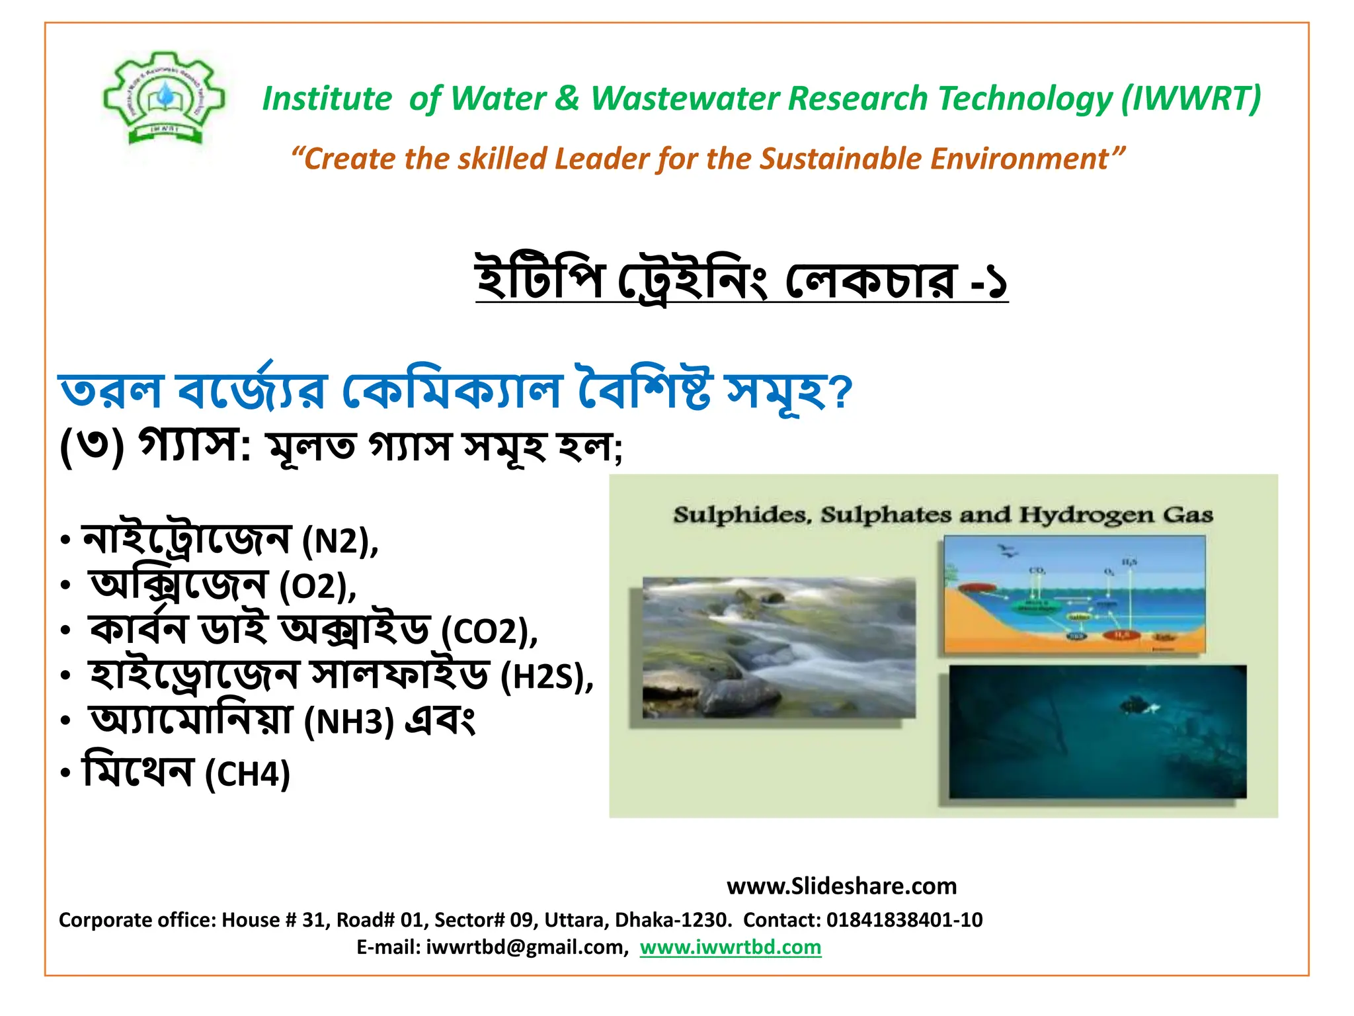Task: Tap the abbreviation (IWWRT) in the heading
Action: point(1190,99)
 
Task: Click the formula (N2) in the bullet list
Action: point(339,542)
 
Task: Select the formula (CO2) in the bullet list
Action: point(488,632)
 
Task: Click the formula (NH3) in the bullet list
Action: point(348,722)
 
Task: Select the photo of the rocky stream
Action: point(779,648)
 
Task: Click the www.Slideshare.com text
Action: point(841,886)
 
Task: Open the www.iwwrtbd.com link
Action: point(730,947)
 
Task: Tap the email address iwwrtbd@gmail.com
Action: point(526,947)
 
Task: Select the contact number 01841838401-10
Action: point(904,919)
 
